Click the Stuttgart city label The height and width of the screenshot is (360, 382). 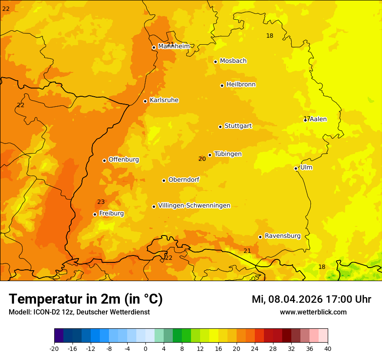(x=238, y=126)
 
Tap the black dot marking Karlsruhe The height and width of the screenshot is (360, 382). (x=145, y=101)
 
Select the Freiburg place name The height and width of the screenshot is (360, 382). (x=111, y=213)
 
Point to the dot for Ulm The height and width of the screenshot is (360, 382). (x=296, y=168)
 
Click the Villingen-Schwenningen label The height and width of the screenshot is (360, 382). (x=194, y=206)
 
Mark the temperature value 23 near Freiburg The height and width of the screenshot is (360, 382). (x=101, y=202)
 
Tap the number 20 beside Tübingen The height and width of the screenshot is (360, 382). (x=202, y=159)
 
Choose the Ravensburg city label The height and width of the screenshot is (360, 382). (x=282, y=236)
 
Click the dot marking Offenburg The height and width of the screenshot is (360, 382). (x=104, y=160)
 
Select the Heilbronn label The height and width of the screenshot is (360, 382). (x=241, y=85)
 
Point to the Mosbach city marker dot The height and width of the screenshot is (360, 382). (x=215, y=62)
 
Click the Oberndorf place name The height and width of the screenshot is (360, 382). (x=184, y=180)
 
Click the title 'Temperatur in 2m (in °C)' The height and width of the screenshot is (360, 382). (x=86, y=299)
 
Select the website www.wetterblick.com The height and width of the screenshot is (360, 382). (x=313, y=312)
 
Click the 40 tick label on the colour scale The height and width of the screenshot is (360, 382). (x=328, y=348)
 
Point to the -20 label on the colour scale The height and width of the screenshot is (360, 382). (x=54, y=348)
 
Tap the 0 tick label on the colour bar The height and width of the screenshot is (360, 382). (x=145, y=348)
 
